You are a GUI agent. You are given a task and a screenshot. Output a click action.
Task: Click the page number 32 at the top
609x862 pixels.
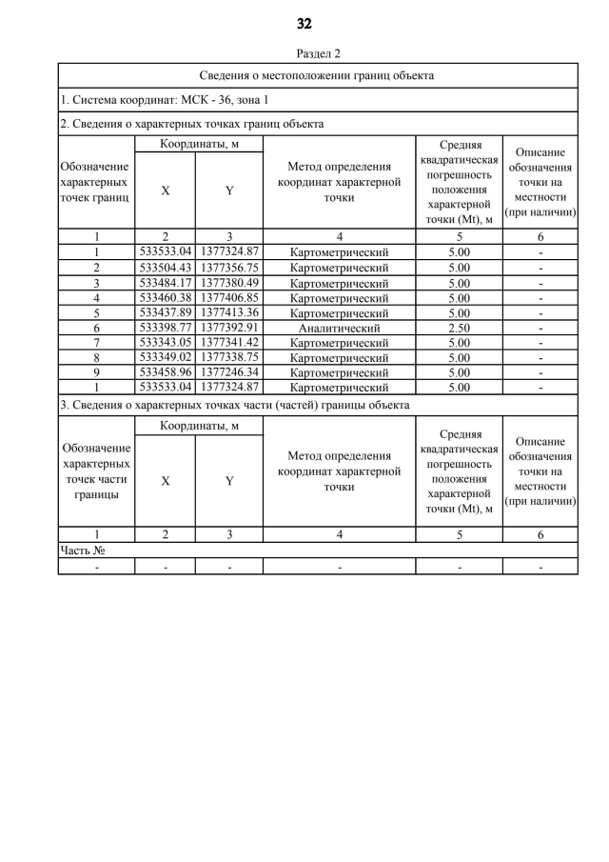304,24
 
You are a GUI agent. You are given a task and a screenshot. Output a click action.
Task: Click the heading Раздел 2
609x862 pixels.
318,53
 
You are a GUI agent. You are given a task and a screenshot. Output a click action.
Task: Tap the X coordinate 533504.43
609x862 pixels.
165,268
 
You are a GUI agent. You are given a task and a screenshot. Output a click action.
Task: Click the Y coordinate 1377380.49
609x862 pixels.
229,283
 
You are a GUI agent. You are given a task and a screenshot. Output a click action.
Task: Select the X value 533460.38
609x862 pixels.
165,297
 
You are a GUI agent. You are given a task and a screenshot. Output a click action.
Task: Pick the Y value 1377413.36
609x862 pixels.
229,312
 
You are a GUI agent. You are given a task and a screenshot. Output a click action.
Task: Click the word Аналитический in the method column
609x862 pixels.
339,328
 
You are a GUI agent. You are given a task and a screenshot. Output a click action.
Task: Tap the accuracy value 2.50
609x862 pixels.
459,328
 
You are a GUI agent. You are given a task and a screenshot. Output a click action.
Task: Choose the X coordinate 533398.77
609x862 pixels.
165,328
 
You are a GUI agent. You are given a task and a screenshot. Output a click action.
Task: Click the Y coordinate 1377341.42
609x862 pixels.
229,343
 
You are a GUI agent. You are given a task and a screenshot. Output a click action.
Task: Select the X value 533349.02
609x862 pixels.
165,357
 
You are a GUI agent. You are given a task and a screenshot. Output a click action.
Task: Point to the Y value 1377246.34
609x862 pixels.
229,372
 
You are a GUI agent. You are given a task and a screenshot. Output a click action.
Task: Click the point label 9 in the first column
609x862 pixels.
96,372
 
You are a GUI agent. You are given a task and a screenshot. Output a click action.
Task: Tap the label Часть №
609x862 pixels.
82,551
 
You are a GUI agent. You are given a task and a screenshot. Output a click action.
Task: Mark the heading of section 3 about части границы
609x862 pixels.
234,405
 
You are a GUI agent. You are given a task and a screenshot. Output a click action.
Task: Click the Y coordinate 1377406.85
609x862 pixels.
229,297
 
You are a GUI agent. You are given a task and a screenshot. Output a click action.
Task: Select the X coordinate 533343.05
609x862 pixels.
165,343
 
